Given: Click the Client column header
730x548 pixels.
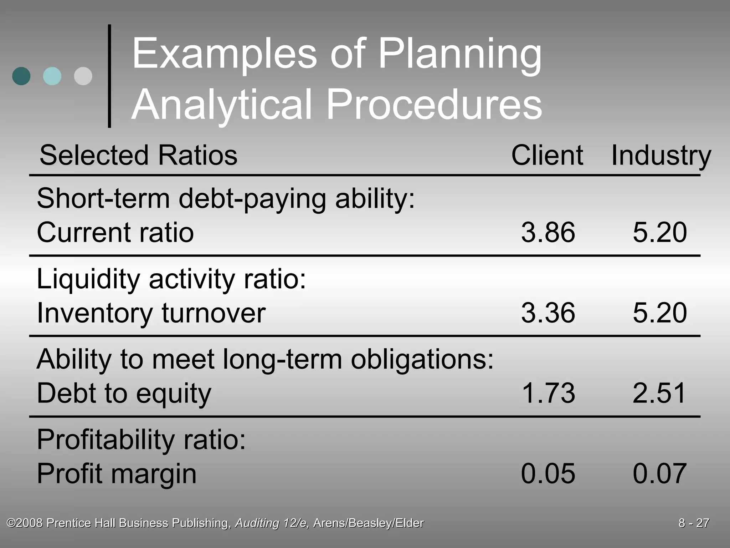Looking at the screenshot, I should [547, 155].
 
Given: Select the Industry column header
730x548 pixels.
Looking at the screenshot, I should [661, 155].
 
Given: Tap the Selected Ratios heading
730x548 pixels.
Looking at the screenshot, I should [138, 155].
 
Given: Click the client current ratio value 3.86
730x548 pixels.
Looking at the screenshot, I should [548, 232].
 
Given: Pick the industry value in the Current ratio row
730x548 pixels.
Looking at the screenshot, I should [659, 232].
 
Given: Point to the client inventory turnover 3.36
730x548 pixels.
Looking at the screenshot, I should [548, 313].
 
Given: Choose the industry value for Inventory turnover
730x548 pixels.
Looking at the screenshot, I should [659, 313].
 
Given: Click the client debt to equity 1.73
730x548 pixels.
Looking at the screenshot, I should [548, 393].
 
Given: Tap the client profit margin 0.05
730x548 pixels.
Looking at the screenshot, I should [548, 473].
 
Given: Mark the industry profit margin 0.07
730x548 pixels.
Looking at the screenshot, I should [659, 473].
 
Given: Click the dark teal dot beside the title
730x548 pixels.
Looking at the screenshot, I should [21, 76].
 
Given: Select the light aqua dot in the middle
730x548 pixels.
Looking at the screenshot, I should [52, 76].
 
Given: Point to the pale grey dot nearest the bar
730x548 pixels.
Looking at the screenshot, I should [83, 76].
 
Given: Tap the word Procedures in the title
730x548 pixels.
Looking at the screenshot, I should [434, 105].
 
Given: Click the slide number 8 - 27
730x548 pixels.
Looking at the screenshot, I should [694, 523].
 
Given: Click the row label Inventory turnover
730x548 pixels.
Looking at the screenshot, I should [151, 313].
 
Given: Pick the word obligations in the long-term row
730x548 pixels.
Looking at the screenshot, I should [422, 359].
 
